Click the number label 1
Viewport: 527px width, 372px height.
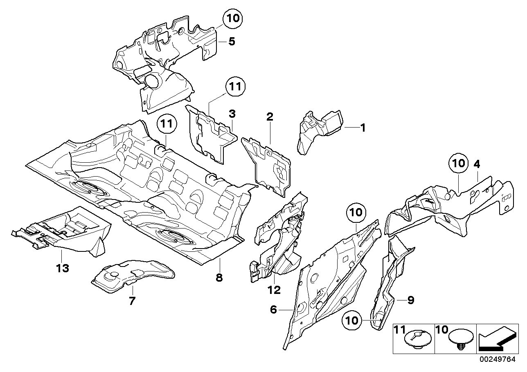pos(362,128)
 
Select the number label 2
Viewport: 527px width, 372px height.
pos(270,117)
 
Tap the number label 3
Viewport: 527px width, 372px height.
pos(232,113)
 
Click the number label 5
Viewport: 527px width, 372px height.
pos(232,41)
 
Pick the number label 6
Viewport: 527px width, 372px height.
pos(274,310)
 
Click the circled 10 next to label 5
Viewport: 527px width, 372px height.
pos(232,19)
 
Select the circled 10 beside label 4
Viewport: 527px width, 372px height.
pos(459,164)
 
